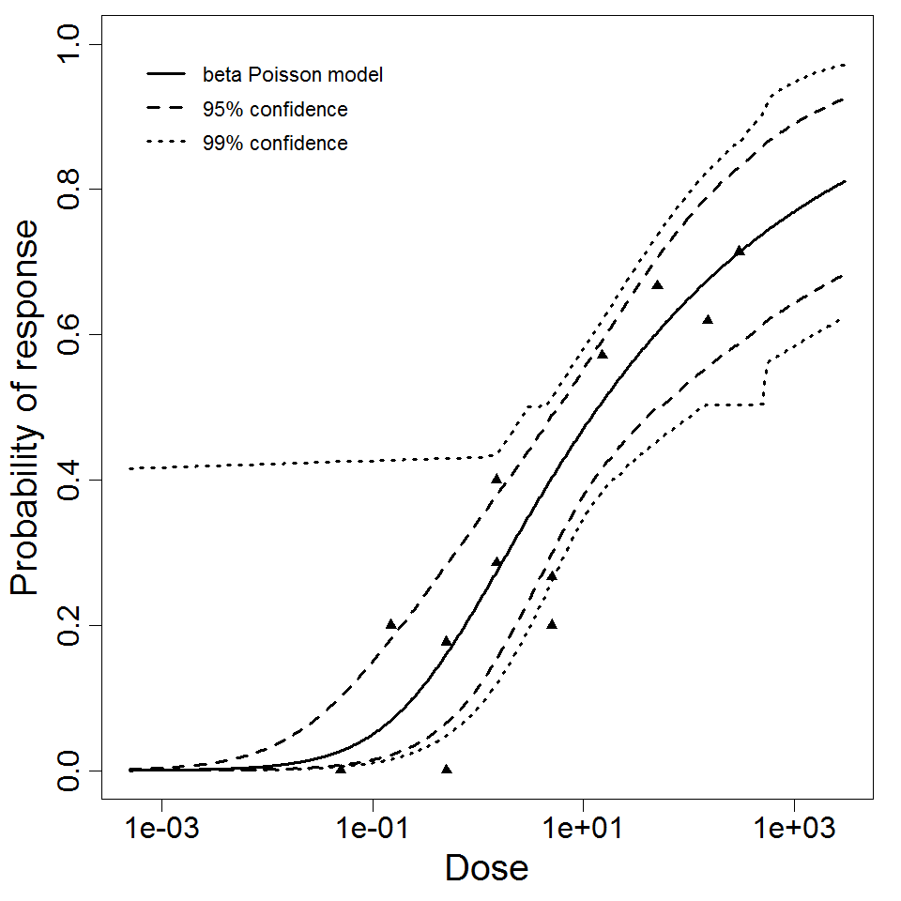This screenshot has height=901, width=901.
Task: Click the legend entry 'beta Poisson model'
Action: (292, 74)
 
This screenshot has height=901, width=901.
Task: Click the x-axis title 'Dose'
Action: (486, 868)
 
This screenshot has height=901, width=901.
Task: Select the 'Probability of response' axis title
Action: (26, 408)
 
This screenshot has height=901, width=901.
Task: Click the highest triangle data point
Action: (740, 251)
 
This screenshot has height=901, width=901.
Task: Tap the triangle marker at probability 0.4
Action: (496, 479)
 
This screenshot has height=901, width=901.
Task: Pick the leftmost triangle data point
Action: (341, 769)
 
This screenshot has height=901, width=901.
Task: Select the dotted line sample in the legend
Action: (164, 144)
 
